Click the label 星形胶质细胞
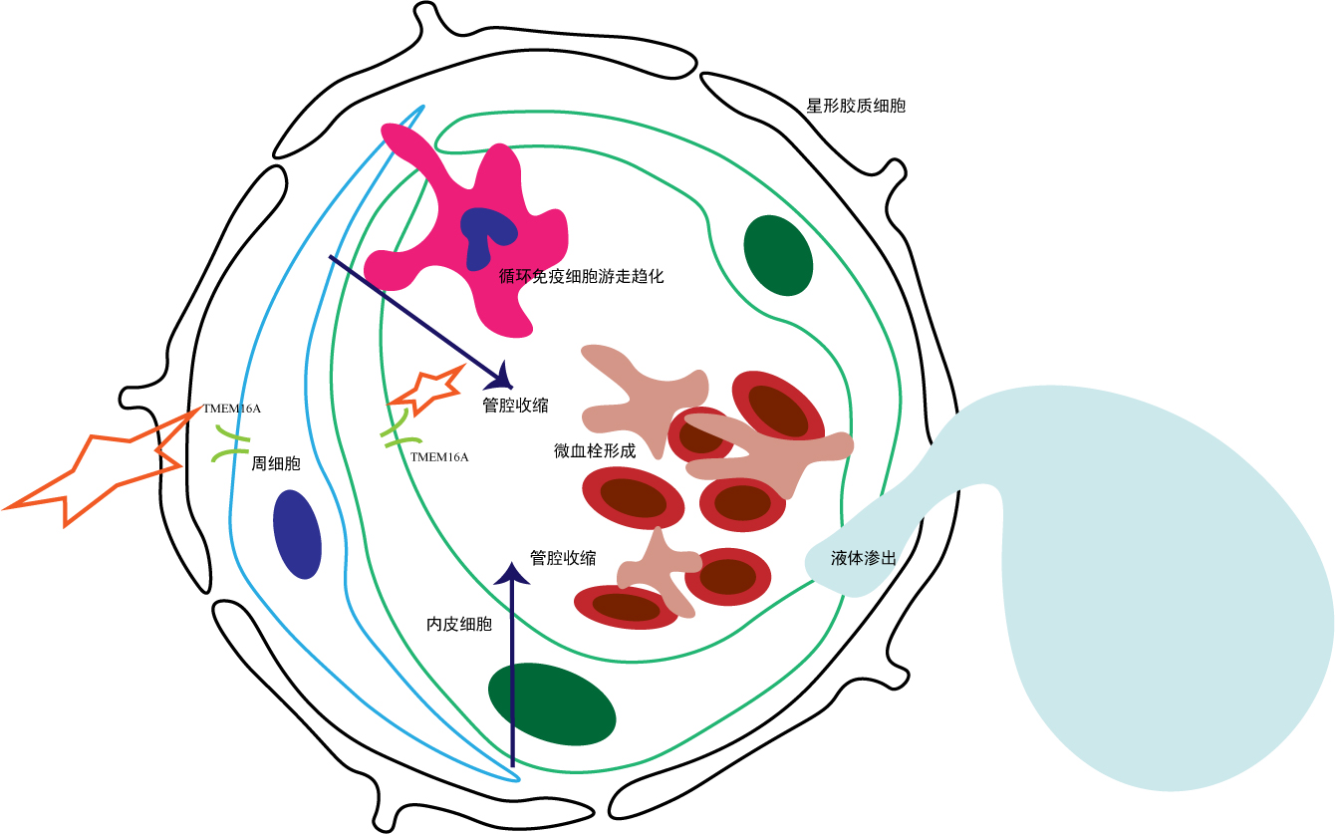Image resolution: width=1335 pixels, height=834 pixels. pos(856,105)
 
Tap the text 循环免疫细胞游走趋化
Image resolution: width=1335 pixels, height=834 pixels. pos(581,276)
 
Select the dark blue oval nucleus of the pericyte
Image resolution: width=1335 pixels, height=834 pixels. pos(297,534)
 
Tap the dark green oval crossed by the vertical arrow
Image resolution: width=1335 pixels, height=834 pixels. pos(551,704)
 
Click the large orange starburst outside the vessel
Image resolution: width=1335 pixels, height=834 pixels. pos(95,468)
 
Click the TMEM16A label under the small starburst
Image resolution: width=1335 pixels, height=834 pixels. pos(438,456)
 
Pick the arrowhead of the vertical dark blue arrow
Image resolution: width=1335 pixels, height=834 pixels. pos(513,574)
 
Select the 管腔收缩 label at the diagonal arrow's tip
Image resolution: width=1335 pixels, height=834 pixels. pos(515,406)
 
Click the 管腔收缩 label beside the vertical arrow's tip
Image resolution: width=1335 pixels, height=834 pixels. pos(564,558)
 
